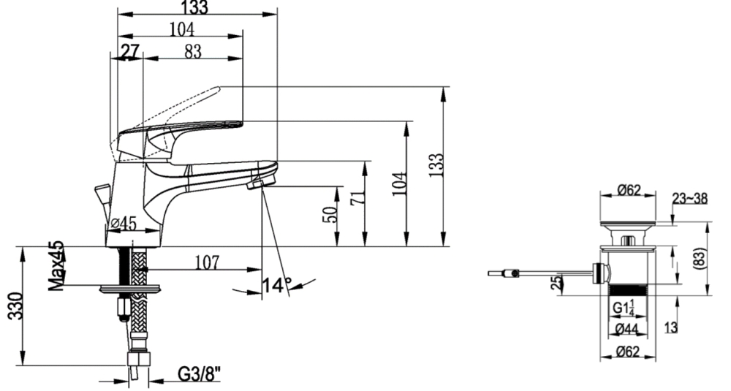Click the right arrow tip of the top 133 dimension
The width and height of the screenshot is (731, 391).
point(277,14)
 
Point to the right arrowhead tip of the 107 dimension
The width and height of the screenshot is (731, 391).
point(262,269)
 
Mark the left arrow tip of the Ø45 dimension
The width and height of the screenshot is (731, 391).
point(107,231)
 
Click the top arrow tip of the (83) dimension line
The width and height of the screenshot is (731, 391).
point(708,222)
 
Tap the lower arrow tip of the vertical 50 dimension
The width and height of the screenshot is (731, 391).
point(336,246)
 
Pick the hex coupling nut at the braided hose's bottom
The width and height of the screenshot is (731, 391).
point(138,359)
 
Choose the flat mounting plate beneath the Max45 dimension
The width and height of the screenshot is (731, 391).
point(129,289)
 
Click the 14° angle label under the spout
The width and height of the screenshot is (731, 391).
point(277,285)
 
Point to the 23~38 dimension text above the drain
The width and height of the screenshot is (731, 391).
point(689,199)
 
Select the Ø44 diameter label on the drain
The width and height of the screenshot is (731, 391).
point(626,329)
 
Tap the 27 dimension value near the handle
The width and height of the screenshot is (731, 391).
point(130,51)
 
